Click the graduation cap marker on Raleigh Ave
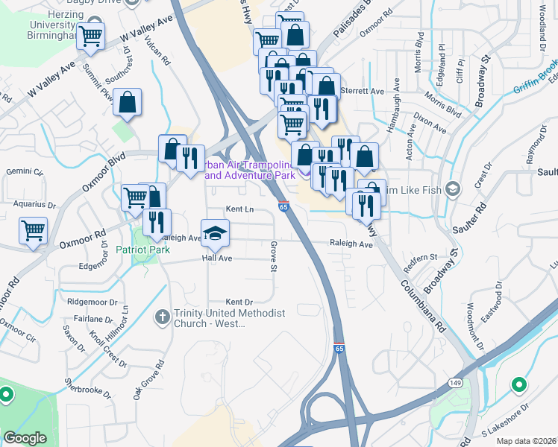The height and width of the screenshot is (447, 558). click(215, 234)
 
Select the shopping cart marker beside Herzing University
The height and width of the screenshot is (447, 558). click(91, 35)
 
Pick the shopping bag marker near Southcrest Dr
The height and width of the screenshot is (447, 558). click(128, 102)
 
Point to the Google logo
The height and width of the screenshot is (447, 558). click(25, 438)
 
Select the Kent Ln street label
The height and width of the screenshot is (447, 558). click(240, 210)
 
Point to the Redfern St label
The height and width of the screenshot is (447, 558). click(419, 257)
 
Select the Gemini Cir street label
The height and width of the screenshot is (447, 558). click(22, 171)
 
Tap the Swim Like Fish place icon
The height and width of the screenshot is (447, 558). click(451, 187)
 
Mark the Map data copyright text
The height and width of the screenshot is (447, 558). click(526, 440)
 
